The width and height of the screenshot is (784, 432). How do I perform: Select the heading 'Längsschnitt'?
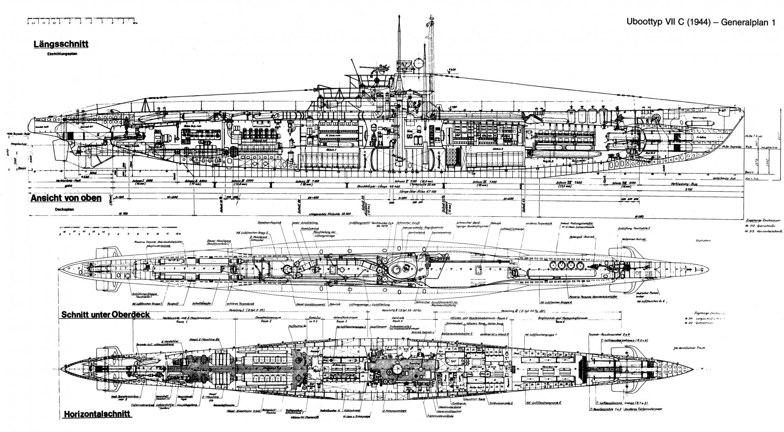pos(62,44)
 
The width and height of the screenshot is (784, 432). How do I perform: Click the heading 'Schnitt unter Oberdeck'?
pos(105,315)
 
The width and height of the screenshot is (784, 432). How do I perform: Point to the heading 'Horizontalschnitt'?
pos(97,414)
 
